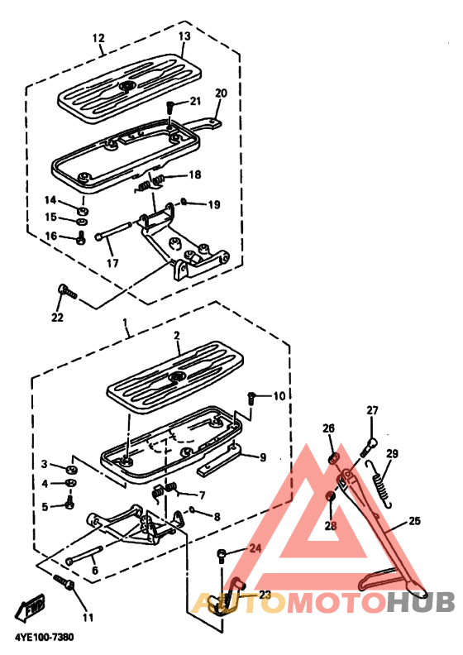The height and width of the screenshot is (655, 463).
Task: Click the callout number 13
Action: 184,36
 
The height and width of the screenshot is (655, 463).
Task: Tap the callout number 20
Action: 221,93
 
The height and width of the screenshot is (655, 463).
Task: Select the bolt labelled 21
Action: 171,106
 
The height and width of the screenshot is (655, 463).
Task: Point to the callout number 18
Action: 195,175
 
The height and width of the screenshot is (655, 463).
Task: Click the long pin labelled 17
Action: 114,231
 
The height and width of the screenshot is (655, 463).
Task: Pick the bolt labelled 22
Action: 68,292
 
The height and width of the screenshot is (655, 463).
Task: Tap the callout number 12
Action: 98,38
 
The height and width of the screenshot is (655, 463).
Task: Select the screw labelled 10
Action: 251,398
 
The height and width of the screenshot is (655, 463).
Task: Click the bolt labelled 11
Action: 64,582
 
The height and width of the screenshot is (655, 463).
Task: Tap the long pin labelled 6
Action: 84,554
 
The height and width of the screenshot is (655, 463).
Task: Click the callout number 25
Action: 414,521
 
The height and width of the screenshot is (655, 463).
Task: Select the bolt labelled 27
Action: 369,447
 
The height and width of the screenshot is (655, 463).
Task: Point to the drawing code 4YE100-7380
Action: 45,637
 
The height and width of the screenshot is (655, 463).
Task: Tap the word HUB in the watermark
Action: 420,602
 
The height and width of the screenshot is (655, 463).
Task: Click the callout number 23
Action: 265,595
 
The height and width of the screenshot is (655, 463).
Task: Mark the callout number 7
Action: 202,495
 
